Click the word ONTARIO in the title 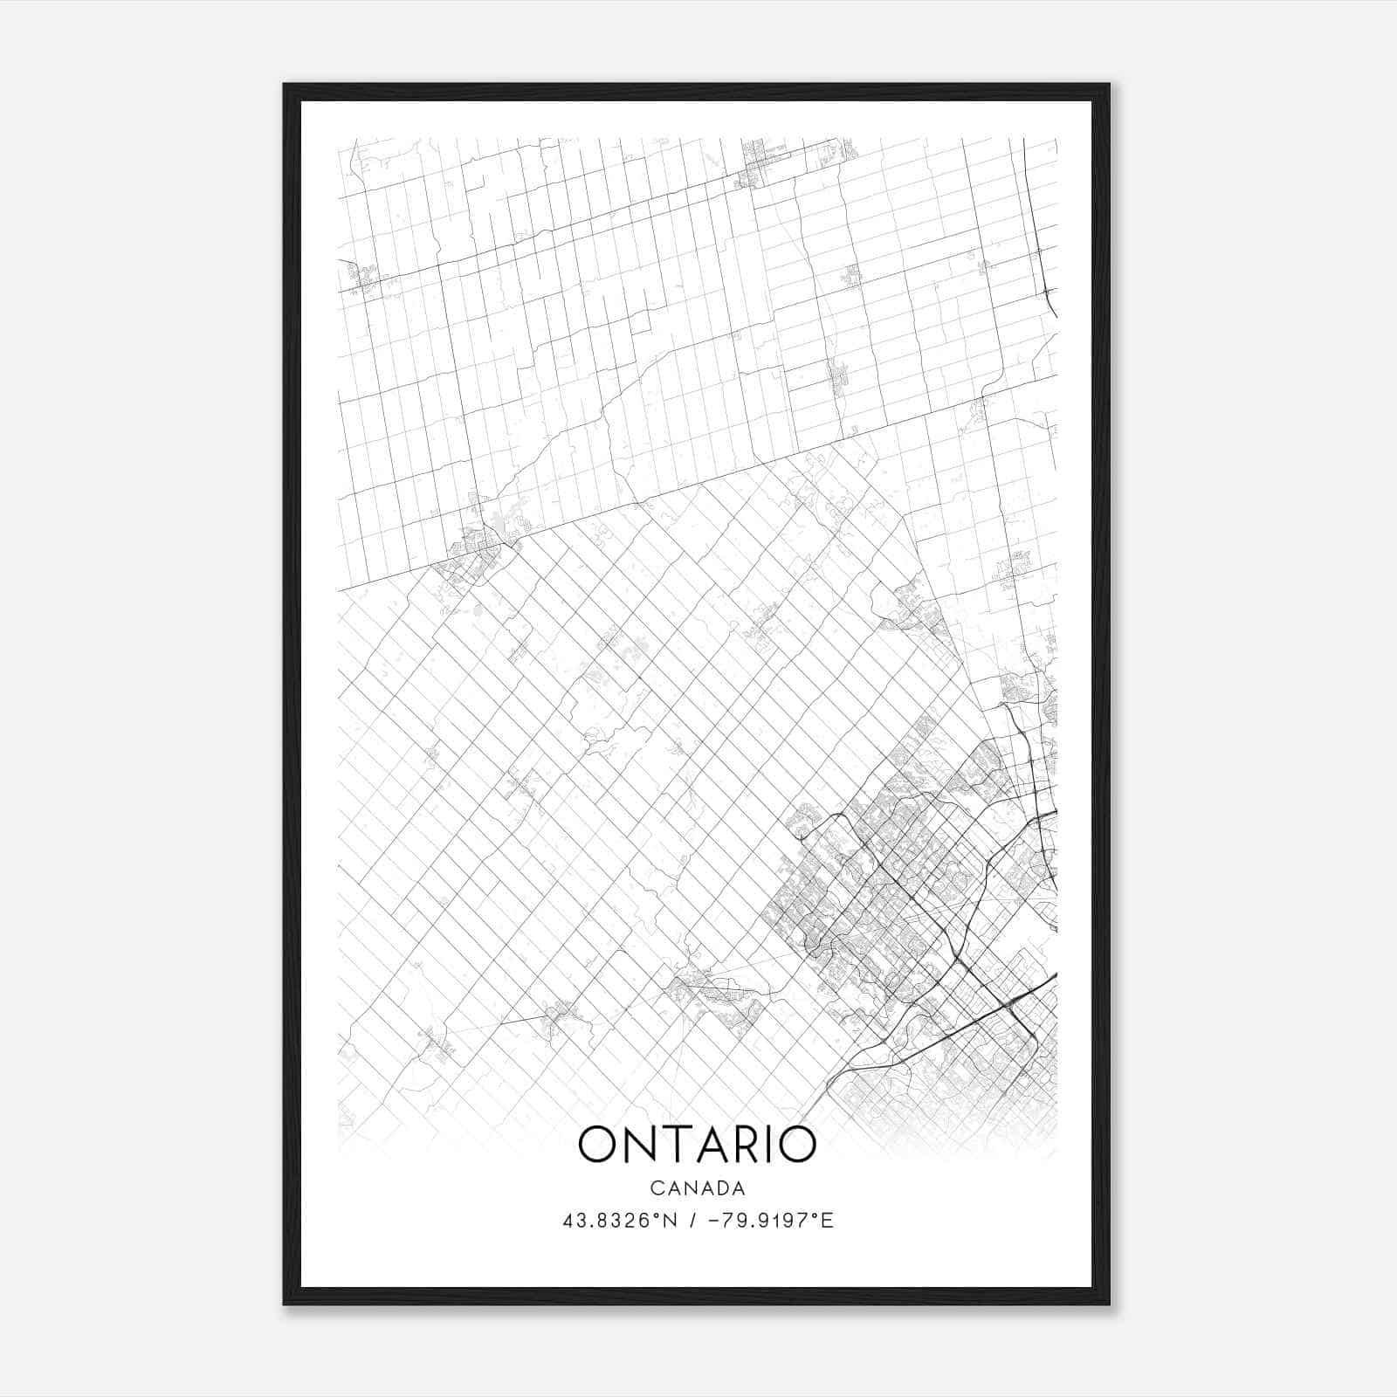(698, 1145)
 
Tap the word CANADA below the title (698, 1187)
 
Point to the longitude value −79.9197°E (768, 1221)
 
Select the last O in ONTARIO (796, 1145)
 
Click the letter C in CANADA (655, 1187)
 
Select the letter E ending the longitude (828, 1221)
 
